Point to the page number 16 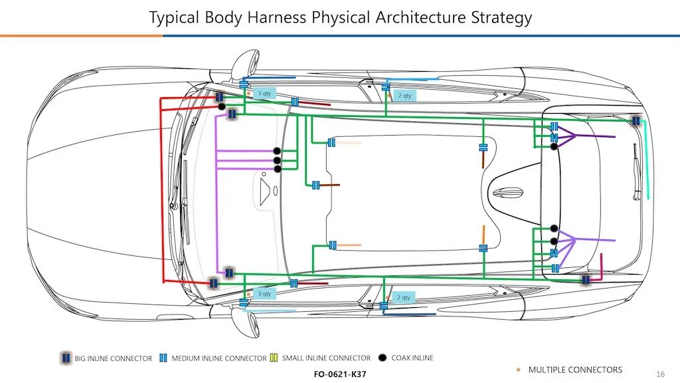tap(660, 374)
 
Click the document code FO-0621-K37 tap(339, 374)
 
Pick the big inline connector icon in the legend tap(66, 358)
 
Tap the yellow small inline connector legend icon tap(274, 358)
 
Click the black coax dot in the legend tap(382, 358)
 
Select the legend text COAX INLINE tap(412, 358)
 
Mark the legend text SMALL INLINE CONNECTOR tap(326, 358)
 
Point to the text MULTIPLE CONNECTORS tap(575, 370)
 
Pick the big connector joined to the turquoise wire tap(636, 121)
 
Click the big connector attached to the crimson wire tap(586, 280)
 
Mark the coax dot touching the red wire tap(222, 106)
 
